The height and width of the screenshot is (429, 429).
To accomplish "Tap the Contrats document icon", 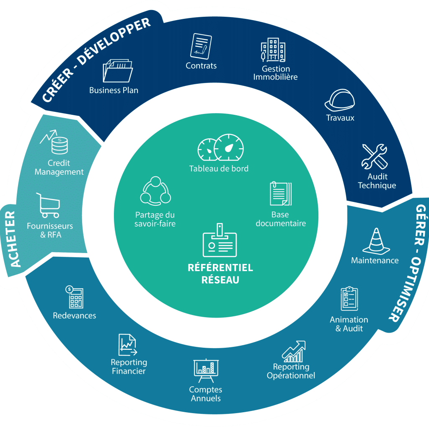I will (x=201, y=46).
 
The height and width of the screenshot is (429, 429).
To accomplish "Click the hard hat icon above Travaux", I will (x=340, y=100).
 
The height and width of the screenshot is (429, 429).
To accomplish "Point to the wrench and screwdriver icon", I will (x=375, y=156).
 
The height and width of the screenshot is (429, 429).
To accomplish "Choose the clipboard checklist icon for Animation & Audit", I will (x=349, y=299).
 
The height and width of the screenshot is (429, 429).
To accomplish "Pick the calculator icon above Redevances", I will (x=74, y=297).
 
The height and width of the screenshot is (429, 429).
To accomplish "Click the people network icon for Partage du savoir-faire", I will (x=155, y=191).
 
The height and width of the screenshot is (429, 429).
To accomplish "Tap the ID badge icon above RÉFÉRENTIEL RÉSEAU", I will (x=220, y=241).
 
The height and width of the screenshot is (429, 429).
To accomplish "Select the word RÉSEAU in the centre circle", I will (x=220, y=280).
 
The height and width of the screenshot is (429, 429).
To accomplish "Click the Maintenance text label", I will (x=375, y=260).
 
